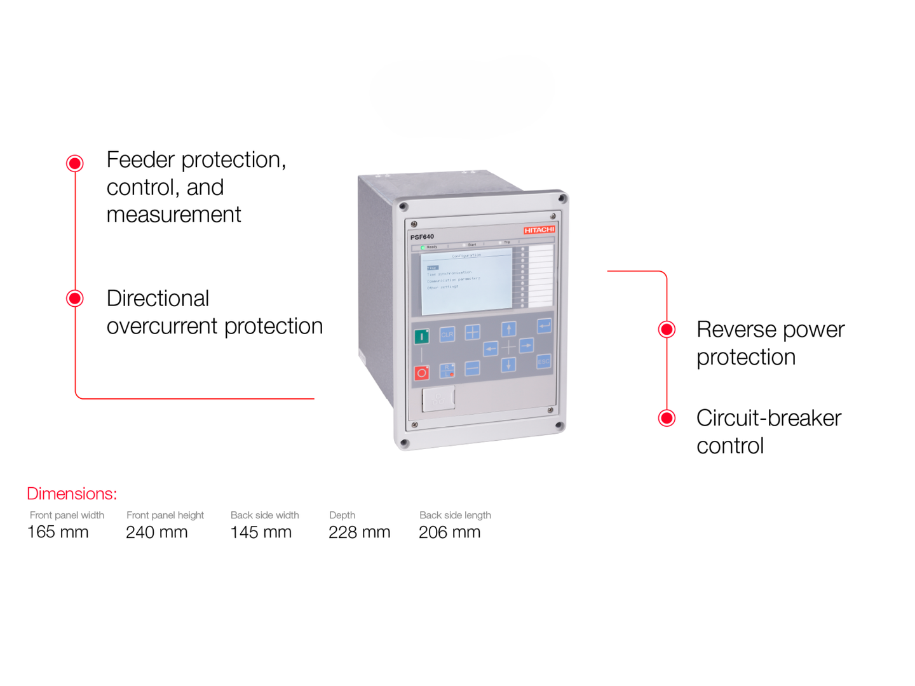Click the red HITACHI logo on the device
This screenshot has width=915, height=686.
pos(539,230)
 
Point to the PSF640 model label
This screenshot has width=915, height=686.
pos(422,237)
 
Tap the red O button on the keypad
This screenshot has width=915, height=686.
pos(421,373)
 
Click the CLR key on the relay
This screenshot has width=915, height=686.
pos(447,334)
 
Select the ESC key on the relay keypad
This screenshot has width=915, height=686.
pos(543,361)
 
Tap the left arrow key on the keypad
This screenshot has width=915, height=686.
pos(490,348)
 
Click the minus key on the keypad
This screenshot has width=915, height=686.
pos(472,368)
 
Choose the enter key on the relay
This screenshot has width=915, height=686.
pos(544,326)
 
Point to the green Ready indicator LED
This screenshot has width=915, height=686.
pos(423,247)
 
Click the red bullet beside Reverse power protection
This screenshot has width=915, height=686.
pos(667,329)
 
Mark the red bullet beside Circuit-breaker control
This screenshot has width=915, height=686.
pos(667,418)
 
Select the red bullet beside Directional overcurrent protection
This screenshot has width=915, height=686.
pos(75,299)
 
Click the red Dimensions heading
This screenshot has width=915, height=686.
pos(72,494)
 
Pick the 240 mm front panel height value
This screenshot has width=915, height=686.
pos(157,532)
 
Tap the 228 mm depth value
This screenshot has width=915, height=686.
pos(359,532)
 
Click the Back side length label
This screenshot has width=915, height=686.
pos(455,515)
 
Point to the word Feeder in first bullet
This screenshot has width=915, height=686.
pos(140,159)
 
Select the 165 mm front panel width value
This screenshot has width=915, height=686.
pos(58,532)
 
